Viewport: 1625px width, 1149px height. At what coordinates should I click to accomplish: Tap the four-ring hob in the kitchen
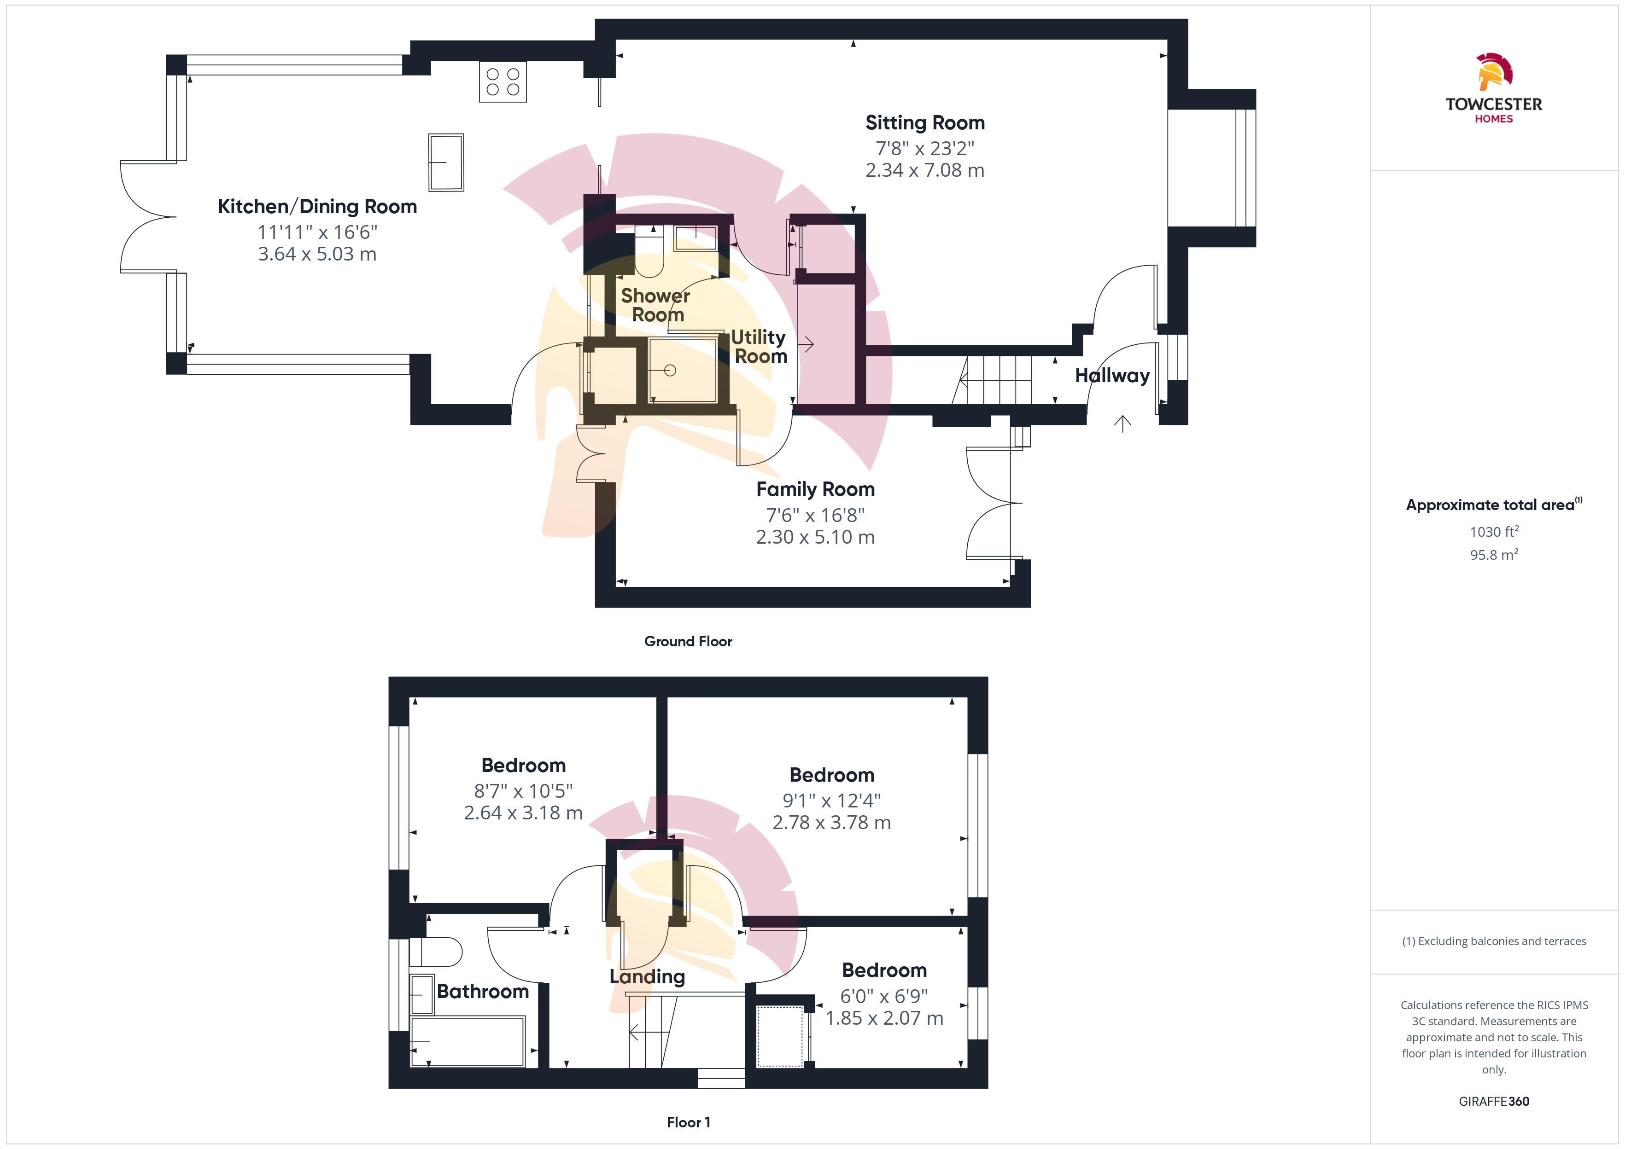click(x=503, y=82)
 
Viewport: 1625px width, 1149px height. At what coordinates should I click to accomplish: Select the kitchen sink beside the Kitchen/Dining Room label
click(x=446, y=162)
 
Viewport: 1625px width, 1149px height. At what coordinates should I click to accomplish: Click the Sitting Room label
click(x=925, y=122)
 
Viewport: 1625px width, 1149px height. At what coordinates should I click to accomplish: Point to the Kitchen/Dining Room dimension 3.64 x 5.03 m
click(x=317, y=254)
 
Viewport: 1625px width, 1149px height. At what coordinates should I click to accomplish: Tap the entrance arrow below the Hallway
click(x=1122, y=423)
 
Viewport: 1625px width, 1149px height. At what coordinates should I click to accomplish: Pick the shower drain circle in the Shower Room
click(x=670, y=370)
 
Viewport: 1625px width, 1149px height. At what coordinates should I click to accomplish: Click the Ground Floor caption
click(x=688, y=641)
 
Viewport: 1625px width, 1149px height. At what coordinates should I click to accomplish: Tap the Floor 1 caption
click(x=688, y=1122)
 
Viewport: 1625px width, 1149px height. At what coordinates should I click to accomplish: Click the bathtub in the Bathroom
click(x=468, y=1041)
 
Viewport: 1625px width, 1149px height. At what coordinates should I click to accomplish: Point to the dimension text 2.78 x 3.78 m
click(x=831, y=822)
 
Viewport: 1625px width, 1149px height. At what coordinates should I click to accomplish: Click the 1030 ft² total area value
click(x=1494, y=531)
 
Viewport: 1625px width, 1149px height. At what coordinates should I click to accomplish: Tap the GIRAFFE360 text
click(x=1494, y=1102)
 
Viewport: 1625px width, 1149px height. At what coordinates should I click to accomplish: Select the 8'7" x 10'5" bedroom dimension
click(x=523, y=790)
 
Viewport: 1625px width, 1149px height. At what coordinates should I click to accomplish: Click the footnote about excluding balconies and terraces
click(x=1494, y=941)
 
